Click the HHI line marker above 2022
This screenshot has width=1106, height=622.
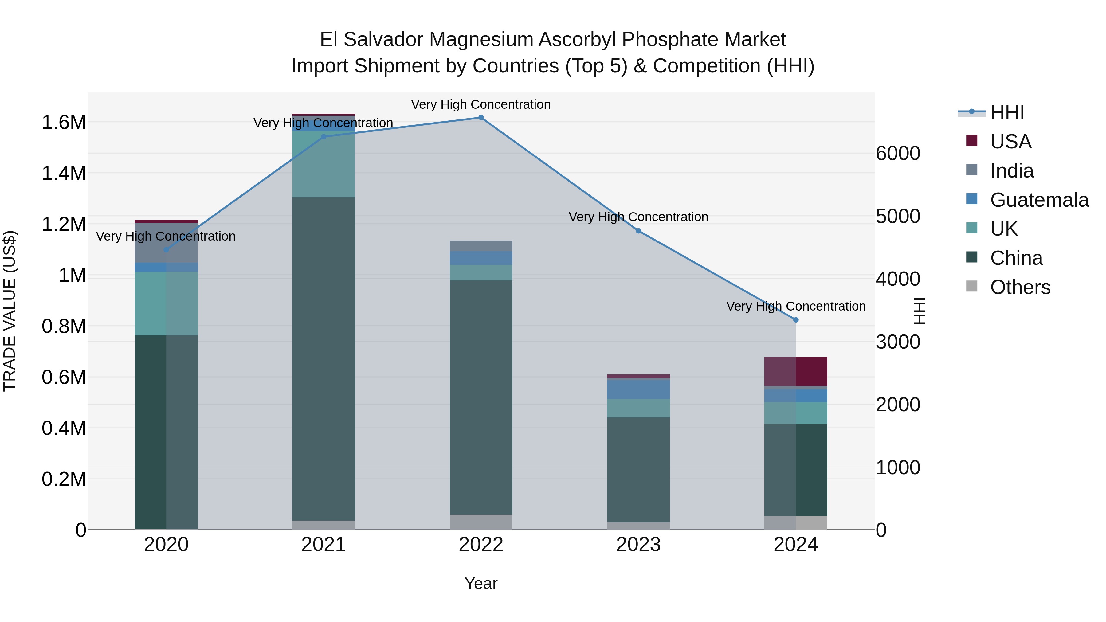pos(481,118)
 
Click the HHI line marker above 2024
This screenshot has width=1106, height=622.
pos(796,320)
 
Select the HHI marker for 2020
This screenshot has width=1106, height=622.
pos(167,250)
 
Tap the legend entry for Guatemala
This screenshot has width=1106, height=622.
pos(1039,200)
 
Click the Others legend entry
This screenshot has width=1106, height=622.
pos(1020,287)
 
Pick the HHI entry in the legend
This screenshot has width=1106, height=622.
pos(1007,112)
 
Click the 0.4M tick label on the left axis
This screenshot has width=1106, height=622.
pos(64,428)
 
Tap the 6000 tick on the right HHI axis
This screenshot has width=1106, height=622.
pos(898,153)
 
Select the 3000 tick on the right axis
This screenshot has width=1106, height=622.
pos(898,342)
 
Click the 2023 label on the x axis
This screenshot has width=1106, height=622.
pos(638,545)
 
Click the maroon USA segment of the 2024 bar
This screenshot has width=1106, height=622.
pos(796,371)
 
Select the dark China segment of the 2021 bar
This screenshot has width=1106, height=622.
pos(324,358)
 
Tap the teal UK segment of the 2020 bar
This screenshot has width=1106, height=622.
pos(167,303)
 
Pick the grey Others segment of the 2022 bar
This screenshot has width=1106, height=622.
pos(481,522)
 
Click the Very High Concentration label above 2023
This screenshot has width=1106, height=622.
pos(638,217)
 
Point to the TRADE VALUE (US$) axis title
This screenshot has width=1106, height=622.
pos(10,311)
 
